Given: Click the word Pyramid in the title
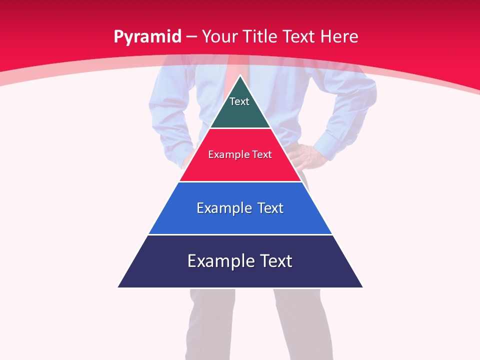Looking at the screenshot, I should click(147, 37).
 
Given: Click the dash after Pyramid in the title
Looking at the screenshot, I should click(191, 37).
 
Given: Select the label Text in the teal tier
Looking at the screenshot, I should click(239, 101).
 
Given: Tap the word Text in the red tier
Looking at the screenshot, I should click(262, 154).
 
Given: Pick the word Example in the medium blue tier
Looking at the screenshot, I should click(223, 208).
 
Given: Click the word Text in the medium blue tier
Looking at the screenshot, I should click(270, 208).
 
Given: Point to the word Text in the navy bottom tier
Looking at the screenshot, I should click(275, 261).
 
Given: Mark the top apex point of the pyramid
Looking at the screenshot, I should click(240, 75).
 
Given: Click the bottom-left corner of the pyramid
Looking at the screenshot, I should click(118, 287).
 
